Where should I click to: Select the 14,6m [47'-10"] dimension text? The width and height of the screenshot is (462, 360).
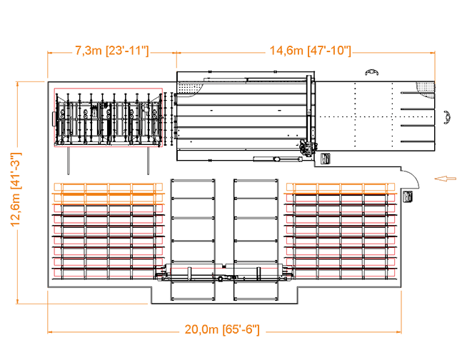[309, 51]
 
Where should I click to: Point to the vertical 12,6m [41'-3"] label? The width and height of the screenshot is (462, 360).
[16, 189]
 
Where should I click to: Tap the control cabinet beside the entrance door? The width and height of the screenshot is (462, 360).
[409, 196]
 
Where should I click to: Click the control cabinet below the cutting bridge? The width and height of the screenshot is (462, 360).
[326, 158]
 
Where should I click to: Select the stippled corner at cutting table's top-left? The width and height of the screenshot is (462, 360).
[188, 89]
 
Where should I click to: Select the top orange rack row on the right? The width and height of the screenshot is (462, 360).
[341, 189]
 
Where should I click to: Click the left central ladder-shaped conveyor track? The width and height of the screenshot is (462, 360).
[194, 236]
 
